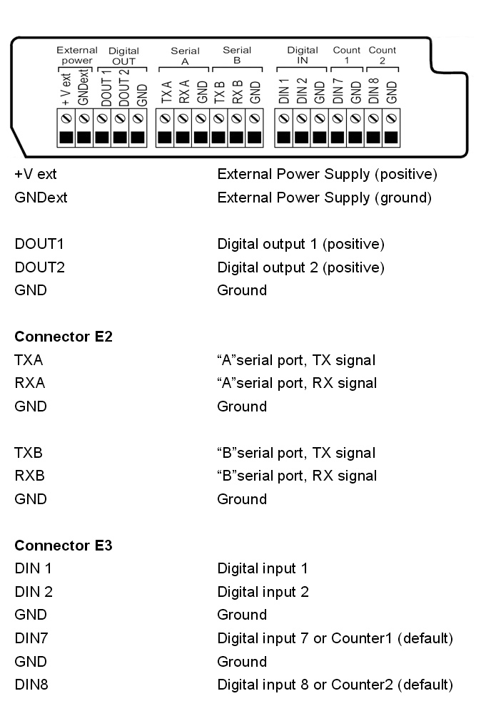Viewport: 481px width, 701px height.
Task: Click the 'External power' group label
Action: click(x=77, y=55)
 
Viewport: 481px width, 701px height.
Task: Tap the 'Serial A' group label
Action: click(x=186, y=56)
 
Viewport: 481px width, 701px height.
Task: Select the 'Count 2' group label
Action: click(x=382, y=55)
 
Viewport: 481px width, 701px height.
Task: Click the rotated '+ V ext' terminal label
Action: click(x=66, y=89)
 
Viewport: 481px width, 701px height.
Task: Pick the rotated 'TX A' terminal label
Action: click(x=166, y=92)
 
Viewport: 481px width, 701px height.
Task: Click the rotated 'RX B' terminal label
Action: click(x=237, y=92)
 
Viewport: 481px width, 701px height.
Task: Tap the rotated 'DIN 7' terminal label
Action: click(x=338, y=91)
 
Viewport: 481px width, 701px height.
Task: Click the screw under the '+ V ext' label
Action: click(x=66, y=119)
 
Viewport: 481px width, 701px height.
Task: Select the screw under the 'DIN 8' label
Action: click(x=373, y=119)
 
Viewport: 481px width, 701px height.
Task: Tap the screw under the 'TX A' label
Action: click(x=165, y=119)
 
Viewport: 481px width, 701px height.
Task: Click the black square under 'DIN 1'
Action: click(x=284, y=137)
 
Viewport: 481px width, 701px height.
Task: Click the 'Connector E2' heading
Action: click(x=64, y=336)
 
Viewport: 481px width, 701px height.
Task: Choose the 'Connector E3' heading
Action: click(x=64, y=545)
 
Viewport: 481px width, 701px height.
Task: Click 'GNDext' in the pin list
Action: click(x=41, y=197)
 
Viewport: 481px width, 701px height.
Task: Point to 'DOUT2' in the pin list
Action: click(x=40, y=267)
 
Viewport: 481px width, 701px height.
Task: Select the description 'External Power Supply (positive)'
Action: click(x=327, y=174)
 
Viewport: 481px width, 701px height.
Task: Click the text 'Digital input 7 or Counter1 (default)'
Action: click(x=335, y=638)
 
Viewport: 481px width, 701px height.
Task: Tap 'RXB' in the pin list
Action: click(x=29, y=475)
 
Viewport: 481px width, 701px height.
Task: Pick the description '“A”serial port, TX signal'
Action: click(x=296, y=360)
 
